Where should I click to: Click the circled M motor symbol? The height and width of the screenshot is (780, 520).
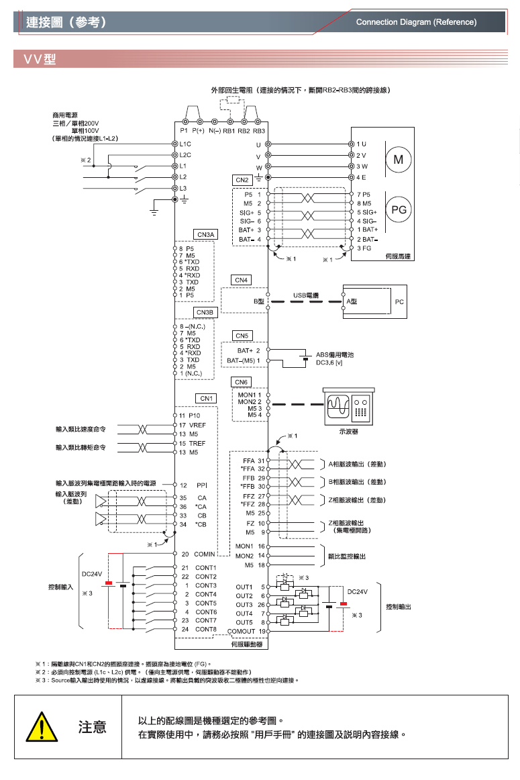coord(399,160)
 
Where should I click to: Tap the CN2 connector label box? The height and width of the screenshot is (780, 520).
coord(242,180)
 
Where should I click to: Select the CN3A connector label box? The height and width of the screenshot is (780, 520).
coord(205,234)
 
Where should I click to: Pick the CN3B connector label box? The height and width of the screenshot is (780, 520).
coord(205,312)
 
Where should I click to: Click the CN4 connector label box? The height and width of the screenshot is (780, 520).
coord(242,279)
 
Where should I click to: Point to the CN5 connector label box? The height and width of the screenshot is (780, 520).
coord(242,335)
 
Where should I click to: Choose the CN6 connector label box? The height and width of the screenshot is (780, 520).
coord(242,382)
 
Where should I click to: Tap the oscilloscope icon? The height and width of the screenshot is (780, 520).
coord(347,407)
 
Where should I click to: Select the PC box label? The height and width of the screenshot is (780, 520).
coord(399,302)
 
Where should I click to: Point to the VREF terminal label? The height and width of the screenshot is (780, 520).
coord(197,426)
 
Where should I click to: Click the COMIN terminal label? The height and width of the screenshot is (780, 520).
coord(204,554)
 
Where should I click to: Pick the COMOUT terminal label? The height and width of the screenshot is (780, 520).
coord(241,632)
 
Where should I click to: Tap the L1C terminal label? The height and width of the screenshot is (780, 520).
coord(185,144)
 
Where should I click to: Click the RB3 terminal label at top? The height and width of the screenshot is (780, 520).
coord(260,130)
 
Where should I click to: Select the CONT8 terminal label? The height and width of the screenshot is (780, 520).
coord(206,630)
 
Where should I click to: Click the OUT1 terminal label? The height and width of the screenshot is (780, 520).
coord(244,587)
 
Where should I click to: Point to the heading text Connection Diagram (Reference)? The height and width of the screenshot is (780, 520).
coord(416,22)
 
